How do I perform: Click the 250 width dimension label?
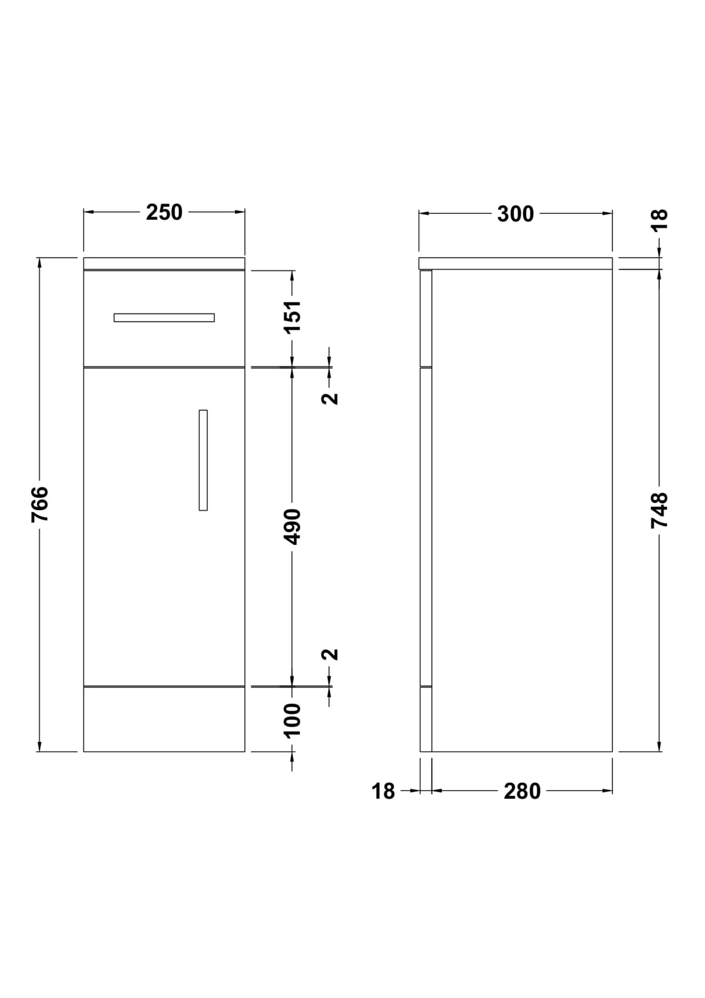click(164, 213)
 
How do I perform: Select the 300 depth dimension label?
click(515, 214)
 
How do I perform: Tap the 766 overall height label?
click(39, 504)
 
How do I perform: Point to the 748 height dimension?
click(660, 510)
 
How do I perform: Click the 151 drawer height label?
click(293, 316)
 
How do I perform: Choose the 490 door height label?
click(293, 527)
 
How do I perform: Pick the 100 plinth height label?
click(293, 721)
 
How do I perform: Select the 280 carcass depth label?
click(522, 791)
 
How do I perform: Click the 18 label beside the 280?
click(383, 791)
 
